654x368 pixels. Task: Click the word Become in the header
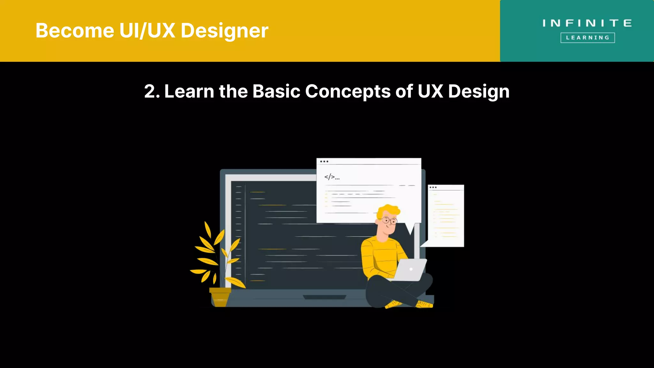click(74, 31)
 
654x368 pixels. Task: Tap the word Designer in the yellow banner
click(224, 31)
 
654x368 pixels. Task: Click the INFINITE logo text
click(587, 23)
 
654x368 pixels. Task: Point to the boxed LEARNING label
click(588, 38)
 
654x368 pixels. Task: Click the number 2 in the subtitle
click(150, 92)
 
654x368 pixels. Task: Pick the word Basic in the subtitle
click(276, 92)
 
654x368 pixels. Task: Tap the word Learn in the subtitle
click(189, 92)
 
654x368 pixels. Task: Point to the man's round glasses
click(389, 220)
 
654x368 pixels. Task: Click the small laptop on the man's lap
click(410, 270)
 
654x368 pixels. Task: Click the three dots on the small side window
click(433, 188)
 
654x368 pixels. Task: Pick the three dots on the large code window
click(324, 162)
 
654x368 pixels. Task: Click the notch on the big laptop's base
click(324, 297)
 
